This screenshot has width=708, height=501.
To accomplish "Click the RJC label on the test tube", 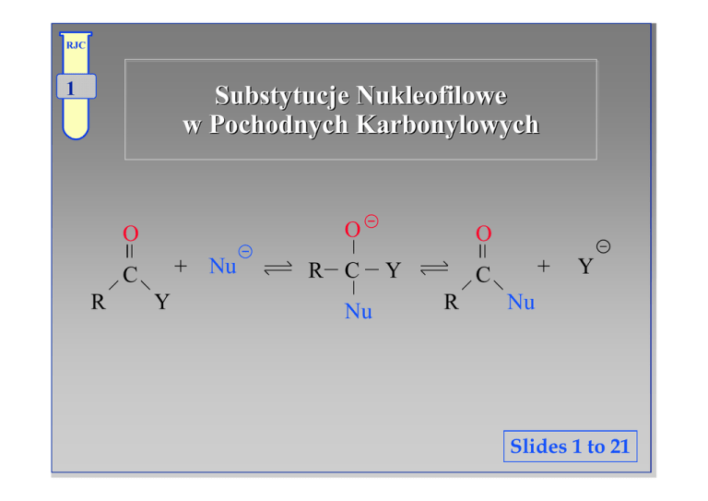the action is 74,44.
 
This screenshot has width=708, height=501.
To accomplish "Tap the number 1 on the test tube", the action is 71,89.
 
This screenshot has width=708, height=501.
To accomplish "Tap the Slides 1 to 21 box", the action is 570,447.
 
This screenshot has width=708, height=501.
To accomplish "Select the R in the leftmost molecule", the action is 96,302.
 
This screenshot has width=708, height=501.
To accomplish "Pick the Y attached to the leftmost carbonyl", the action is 161,302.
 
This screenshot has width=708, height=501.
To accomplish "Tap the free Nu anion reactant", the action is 224,267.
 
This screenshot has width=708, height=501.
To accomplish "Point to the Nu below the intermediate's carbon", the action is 358,312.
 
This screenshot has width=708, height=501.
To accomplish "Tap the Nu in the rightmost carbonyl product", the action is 522,302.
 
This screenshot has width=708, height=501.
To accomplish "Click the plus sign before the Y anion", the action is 545,267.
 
